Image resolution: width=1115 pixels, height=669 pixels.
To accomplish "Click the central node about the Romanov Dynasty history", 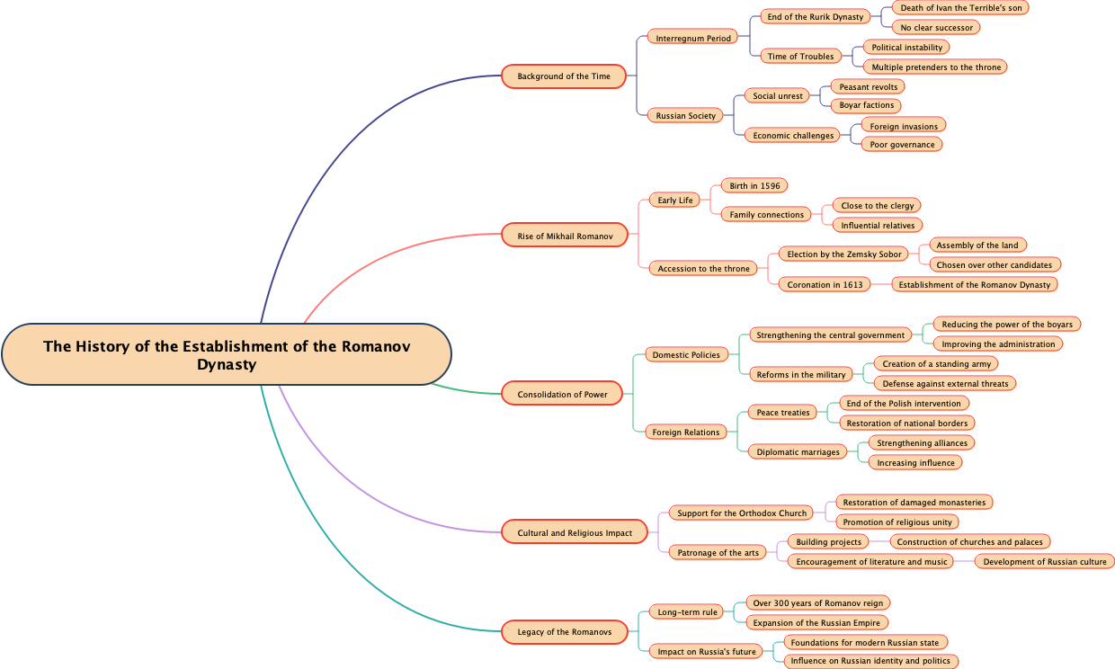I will (x=227, y=354).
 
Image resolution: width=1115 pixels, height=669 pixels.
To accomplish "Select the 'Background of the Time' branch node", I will (x=564, y=76).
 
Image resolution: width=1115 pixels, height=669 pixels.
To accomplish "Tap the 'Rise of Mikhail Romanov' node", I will (x=565, y=236).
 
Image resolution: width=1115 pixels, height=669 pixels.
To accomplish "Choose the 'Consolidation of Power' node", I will (x=562, y=395).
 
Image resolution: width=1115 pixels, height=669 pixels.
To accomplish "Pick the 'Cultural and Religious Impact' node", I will (x=575, y=533).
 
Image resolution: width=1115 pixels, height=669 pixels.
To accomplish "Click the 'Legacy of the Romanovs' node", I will (x=564, y=632).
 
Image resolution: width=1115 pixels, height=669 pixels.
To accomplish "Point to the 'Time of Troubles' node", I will (x=800, y=57).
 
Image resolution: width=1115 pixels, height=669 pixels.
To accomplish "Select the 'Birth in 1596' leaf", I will (x=754, y=186).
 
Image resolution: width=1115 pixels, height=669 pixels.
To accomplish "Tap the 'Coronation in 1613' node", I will (x=825, y=285).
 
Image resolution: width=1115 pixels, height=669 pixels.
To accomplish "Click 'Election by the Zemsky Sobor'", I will (x=844, y=254).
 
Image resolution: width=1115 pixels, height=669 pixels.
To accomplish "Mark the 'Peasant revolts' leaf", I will (x=868, y=87).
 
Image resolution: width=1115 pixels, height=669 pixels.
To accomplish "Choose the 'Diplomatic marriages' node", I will (x=798, y=452).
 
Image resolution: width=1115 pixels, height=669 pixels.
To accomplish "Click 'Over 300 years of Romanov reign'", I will (x=818, y=603).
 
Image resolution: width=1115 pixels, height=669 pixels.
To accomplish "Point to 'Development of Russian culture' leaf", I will (x=1045, y=562).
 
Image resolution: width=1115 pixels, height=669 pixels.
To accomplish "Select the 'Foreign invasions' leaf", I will (x=904, y=127).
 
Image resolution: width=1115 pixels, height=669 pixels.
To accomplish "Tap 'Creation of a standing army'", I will (x=936, y=364).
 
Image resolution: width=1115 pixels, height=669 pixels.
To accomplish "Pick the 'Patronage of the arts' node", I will (x=718, y=553).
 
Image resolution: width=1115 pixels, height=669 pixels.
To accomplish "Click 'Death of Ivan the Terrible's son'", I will (x=960, y=8).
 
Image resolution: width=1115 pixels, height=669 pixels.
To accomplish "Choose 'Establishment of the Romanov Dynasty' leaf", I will (x=975, y=285).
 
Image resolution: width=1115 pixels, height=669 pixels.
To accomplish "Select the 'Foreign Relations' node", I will (x=686, y=433).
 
